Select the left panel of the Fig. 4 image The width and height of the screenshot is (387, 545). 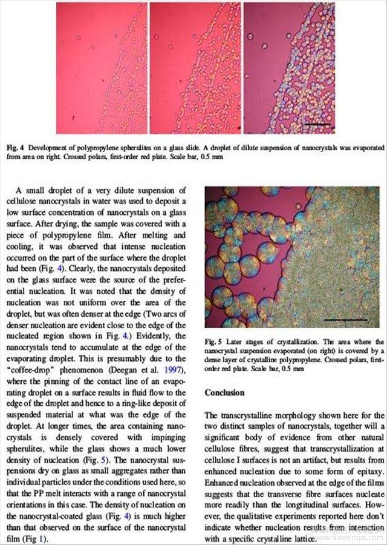[x=102, y=68]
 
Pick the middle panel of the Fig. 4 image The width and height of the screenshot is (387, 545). [x=195, y=68]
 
